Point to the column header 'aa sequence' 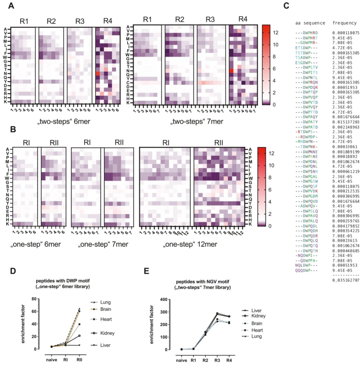tap(310, 23)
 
